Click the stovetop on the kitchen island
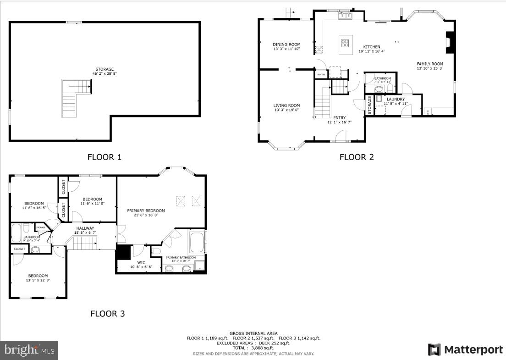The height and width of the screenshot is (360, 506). pos(345,44)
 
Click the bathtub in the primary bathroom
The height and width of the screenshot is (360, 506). pos(198,243)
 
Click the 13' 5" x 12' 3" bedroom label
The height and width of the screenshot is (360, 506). pos(38,278)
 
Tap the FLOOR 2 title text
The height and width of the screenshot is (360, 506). pos(356,157)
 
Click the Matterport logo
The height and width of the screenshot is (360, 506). pos(465,349)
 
